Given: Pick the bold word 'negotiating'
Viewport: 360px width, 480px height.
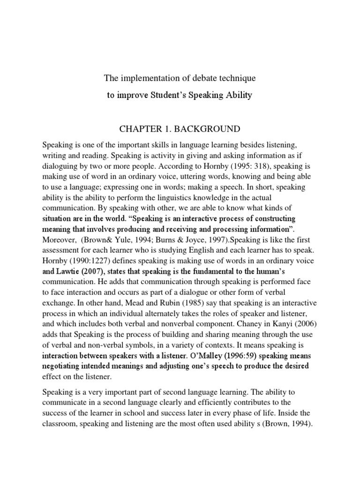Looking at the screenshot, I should coord(64,366).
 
